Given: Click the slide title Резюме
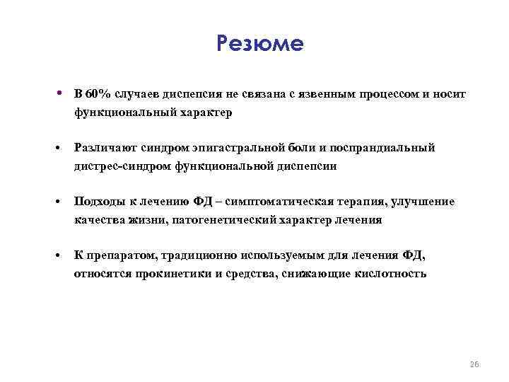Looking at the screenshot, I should tap(260, 45).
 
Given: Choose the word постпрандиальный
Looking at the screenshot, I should tap(389, 148).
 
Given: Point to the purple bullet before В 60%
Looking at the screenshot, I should tap(62, 93).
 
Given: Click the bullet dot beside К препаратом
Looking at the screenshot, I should tap(62, 256).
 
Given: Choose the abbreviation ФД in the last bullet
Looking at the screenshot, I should tap(412, 255).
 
